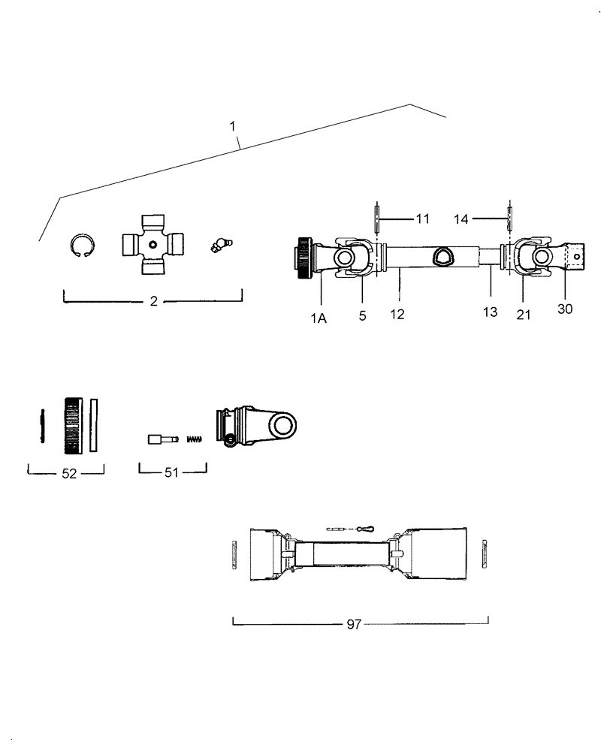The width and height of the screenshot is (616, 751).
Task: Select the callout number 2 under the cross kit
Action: tap(153, 301)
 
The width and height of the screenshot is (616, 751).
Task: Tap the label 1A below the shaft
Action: tap(318, 317)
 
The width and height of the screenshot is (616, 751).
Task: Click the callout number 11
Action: tap(422, 219)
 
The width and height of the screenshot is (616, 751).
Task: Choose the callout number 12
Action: tap(397, 314)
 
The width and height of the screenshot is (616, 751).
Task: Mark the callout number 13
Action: tap(490, 312)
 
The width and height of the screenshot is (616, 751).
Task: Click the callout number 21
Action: tap(524, 315)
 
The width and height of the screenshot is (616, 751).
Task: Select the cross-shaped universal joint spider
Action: tap(153, 244)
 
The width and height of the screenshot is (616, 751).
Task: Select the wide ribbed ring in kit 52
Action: tap(73, 425)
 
